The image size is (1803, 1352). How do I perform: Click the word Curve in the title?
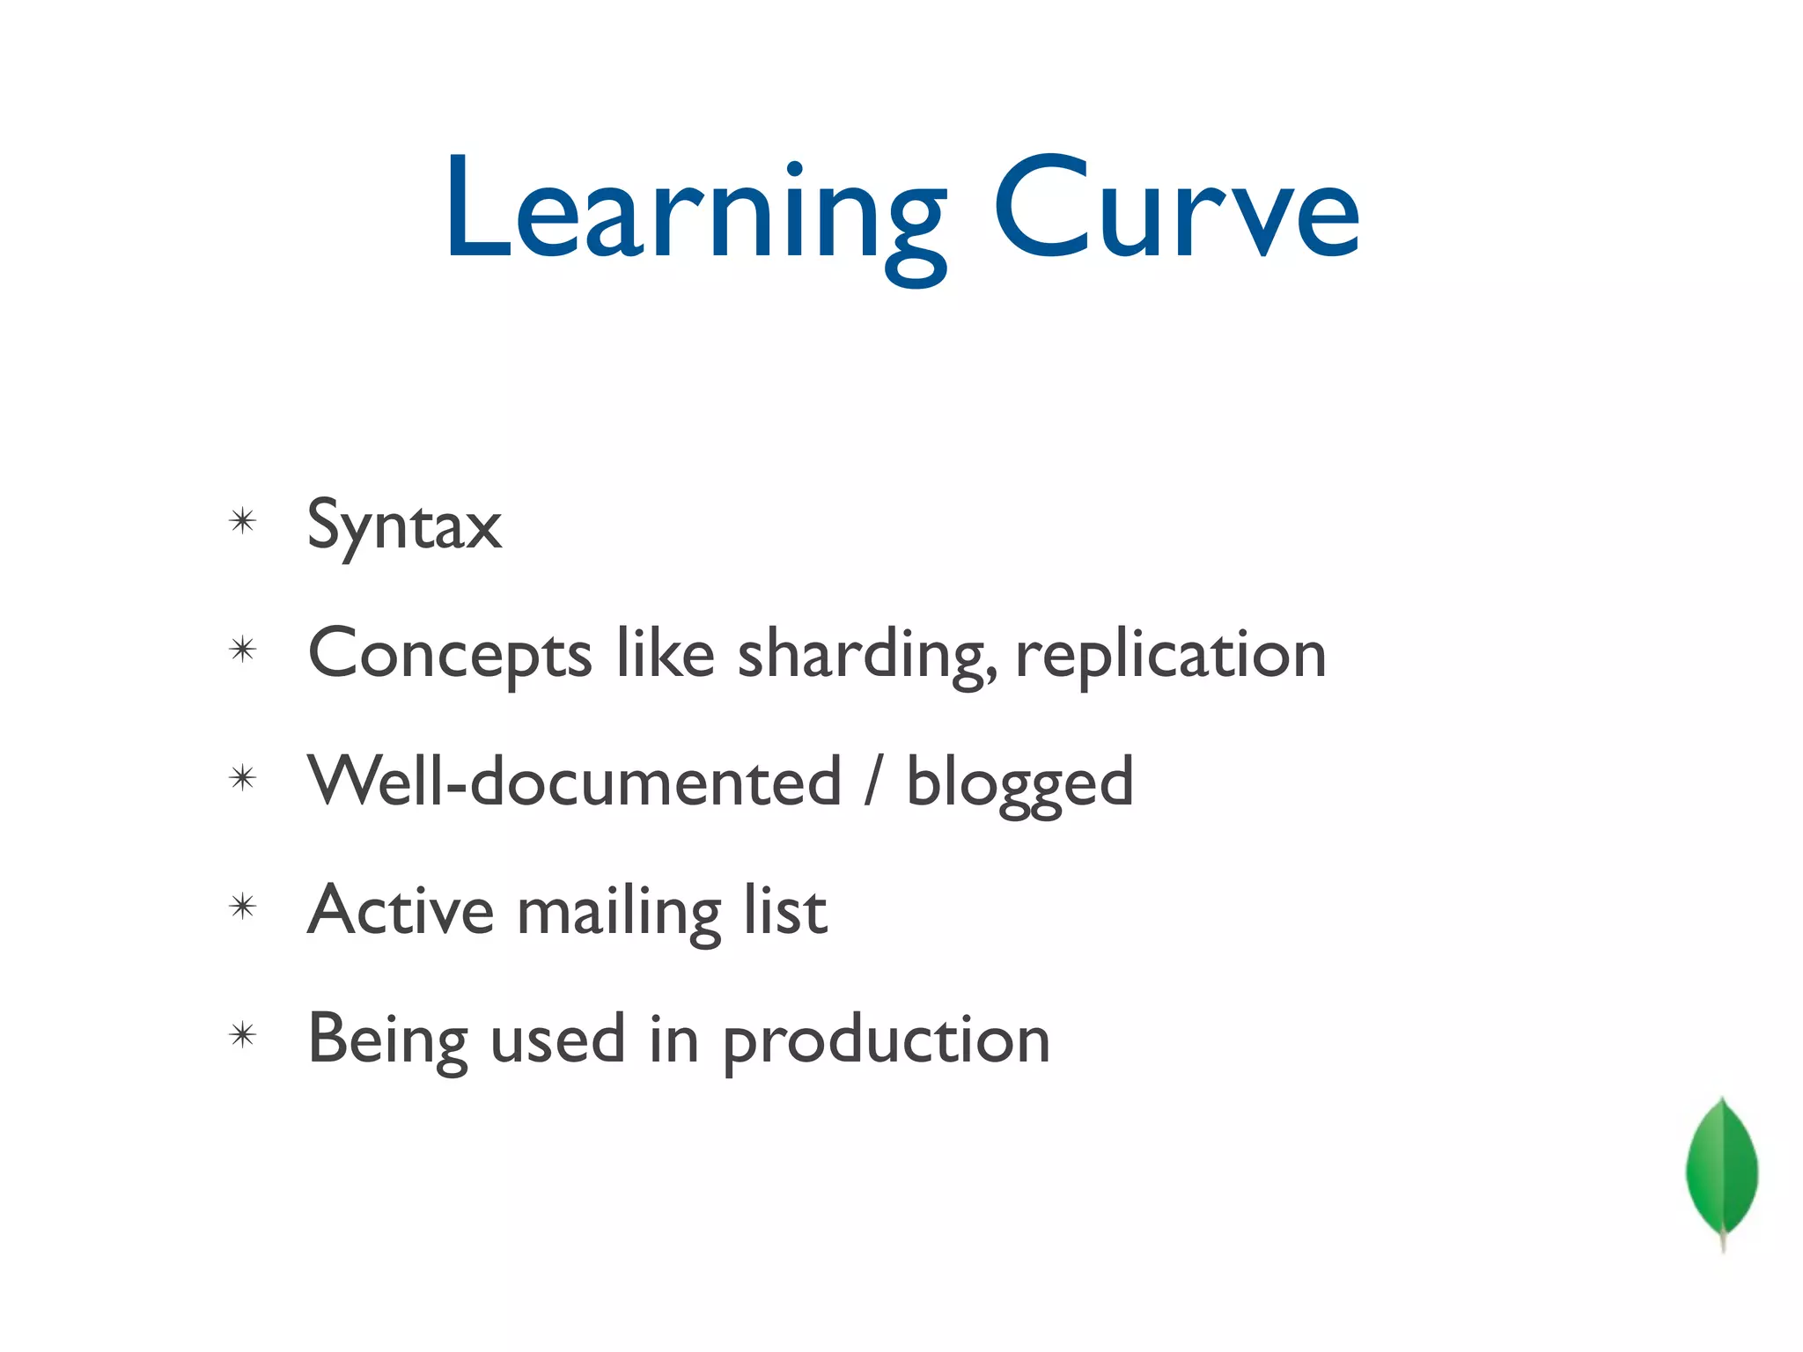[x=1177, y=211]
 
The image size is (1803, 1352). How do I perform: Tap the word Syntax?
[x=404, y=525]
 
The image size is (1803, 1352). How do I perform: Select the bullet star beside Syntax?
[x=242, y=521]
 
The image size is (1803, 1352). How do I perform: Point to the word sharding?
[x=867, y=656]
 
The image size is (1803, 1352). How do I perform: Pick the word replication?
[x=1170, y=656]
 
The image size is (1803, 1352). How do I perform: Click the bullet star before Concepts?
[x=242, y=650]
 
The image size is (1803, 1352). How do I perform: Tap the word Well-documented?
[x=575, y=782]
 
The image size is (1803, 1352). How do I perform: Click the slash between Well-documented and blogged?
[x=872, y=782]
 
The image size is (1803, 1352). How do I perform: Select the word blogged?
[x=1019, y=783]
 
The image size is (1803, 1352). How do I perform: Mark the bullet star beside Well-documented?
[x=242, y=778]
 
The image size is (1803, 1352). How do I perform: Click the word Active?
[x=401, y=910]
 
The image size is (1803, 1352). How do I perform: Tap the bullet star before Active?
[x=242, y=907]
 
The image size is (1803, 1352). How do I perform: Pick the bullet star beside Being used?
[x=242, y=1035]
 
